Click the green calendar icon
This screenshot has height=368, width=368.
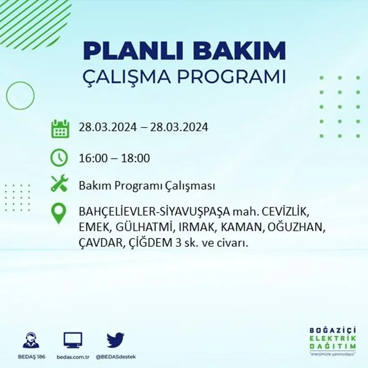[x=60, y=129]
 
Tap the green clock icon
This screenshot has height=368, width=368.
[x=59, y=158]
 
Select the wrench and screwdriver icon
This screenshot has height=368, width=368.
[x=59, y=184]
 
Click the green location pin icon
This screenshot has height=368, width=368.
[x=59, y=212]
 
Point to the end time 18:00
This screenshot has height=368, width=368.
[x=135, y=158]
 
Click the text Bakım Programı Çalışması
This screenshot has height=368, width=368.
[x=147, y=186]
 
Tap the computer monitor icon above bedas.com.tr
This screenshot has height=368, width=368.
[x=73, y=340]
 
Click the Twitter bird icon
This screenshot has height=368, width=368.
[x=115, y=340]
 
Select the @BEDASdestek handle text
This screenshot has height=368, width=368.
[x=116, y=357]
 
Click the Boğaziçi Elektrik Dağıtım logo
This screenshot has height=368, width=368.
[x=332, y=340]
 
